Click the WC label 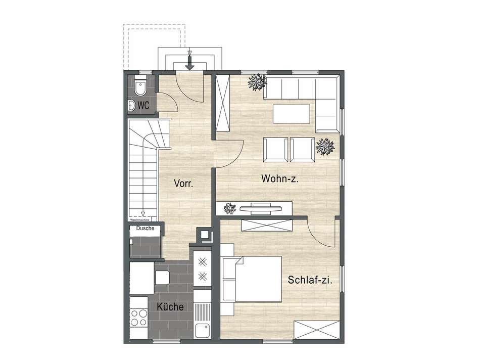(x=143, y=106)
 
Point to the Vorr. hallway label (x=184, y=183)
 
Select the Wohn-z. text (x=278, y=178)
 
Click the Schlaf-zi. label (x=310, y=280)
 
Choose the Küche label (x=170, y=307)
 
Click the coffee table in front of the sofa (x=292, y=113)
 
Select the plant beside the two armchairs (x=325, y=147)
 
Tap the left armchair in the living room (x=276, y=150)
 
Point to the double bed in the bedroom (x=257, y=279)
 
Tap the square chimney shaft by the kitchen (x=206, y=235)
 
